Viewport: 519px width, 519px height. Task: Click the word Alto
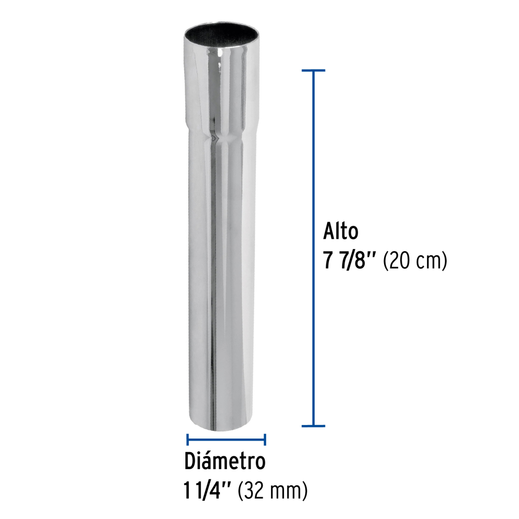tap(341, 231)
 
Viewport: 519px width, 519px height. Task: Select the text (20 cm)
tap(414, 262)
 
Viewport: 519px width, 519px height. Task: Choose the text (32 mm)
tap(272, 490)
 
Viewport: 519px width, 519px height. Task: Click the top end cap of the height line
tap(313, 70)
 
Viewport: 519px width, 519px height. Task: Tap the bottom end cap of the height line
tap(313, 426)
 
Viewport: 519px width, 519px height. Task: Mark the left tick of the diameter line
tap(187, 440)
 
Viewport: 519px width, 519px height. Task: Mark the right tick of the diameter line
tap(265, 440)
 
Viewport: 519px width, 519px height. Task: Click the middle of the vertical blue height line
tap(313, 248)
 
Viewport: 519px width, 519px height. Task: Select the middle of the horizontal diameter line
tap(226, 440)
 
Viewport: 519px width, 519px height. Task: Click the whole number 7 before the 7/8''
tap(329, 262)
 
